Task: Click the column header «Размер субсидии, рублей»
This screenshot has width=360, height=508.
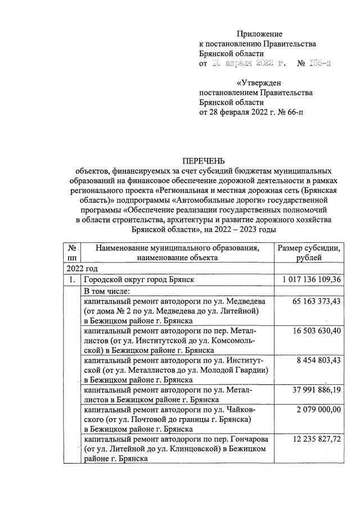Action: (x=309, y=252)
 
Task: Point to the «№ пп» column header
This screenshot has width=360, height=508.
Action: (x=72, y=252)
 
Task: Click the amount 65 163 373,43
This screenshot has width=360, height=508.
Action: (x=317, y=301)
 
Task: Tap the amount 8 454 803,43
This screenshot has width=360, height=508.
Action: (x=319, y=362)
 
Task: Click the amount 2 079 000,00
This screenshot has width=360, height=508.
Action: (x=319, y=411)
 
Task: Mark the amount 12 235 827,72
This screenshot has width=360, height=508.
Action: (x=317, y=441)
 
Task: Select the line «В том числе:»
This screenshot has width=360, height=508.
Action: (x=107, y=291)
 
